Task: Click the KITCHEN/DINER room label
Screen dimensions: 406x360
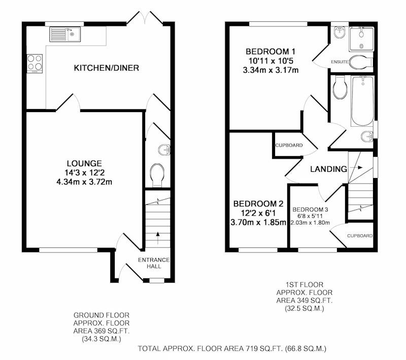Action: click(107, 68)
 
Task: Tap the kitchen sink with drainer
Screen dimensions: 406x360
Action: click(65, 34)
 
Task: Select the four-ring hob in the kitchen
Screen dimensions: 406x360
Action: click(35, 63)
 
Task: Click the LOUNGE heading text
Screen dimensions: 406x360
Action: click(84, 163)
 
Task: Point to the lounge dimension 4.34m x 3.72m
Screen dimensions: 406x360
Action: click(84, 182)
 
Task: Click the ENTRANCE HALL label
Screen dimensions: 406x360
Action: click(154, 263)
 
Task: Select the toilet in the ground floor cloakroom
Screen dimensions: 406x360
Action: click(157, 175)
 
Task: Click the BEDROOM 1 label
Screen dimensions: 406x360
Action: click(270, 52)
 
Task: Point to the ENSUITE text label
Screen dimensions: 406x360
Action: click(340, 62)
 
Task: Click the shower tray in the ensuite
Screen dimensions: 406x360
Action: click(361, 39)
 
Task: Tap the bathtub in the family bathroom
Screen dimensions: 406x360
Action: click(362, 101)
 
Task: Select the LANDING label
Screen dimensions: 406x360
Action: click(328, 169)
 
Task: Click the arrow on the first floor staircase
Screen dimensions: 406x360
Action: click(356, 168)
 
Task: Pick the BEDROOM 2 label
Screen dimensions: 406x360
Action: click(258, 204)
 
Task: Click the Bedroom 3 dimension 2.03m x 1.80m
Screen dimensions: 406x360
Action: click(310, 223)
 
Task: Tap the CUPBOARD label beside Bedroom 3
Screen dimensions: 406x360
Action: click(360, 236)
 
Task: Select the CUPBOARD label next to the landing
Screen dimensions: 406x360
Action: click(289, 146)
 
